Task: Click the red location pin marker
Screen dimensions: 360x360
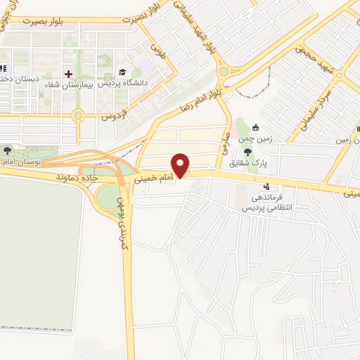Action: [x=181, y=165]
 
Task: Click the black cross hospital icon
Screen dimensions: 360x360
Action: [x=68, y=73]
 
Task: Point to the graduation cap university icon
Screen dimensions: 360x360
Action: [x=122, y=72]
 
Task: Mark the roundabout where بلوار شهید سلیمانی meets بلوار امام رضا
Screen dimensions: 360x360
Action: [x=224, y=71]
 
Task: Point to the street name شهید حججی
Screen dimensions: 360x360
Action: [x=309, y=50]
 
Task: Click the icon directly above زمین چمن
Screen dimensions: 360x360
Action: [x=255, y=128]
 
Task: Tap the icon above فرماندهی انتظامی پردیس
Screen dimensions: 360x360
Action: [x=266, y=187]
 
